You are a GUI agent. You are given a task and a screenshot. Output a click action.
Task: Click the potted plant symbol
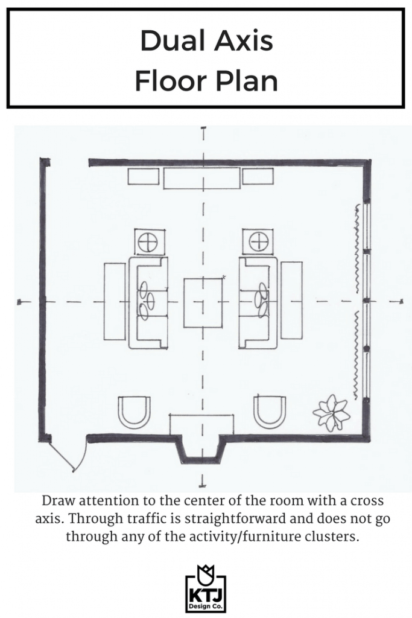[331, 412]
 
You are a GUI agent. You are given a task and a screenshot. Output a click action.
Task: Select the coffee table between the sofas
[203, 303]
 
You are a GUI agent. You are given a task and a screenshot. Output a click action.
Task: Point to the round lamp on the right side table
[258, 241]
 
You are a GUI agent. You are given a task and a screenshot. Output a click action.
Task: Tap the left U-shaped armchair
[135, 412]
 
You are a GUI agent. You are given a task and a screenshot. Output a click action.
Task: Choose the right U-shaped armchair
[270, 412]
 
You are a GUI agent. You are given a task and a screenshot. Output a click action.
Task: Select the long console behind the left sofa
[115, 302]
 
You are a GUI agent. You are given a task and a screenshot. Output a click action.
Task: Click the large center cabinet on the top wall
[202, 178]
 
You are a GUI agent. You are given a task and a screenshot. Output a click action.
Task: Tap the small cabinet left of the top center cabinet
[144, 176]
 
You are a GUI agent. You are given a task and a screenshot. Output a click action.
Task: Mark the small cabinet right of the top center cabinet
[258, 176]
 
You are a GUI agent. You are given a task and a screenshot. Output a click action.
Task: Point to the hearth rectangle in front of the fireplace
[201, 424]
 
